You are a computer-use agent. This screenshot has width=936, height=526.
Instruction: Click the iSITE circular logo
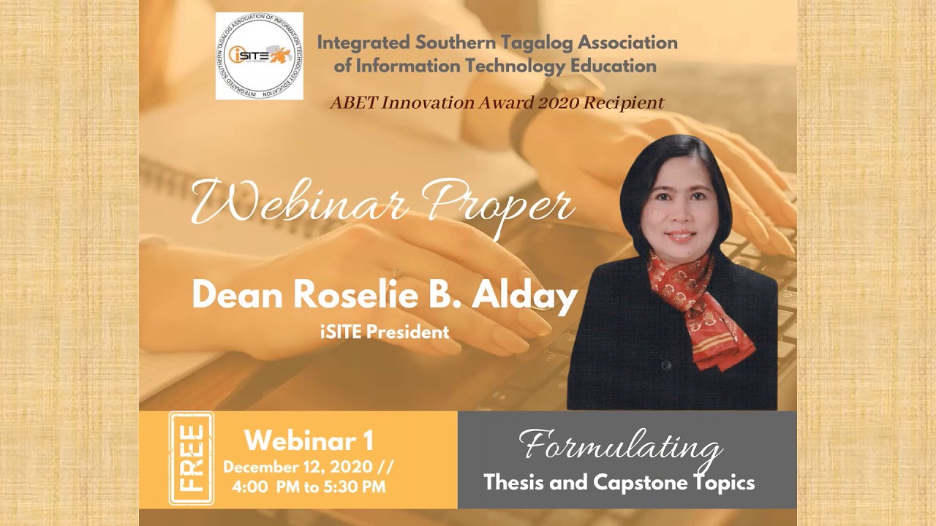coord(259,56)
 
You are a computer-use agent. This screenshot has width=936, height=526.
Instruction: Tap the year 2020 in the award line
coord(558,102)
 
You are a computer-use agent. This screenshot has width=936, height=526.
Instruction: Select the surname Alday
coord(525,296)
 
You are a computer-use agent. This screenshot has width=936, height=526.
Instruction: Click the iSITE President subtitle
coord(385,332)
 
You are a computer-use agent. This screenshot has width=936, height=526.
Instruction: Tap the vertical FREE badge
coord(191,459)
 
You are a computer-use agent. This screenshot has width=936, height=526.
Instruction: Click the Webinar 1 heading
coord(309,441)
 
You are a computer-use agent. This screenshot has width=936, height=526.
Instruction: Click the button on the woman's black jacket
coord(665,365)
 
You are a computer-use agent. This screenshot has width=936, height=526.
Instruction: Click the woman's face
coord(679,212)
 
